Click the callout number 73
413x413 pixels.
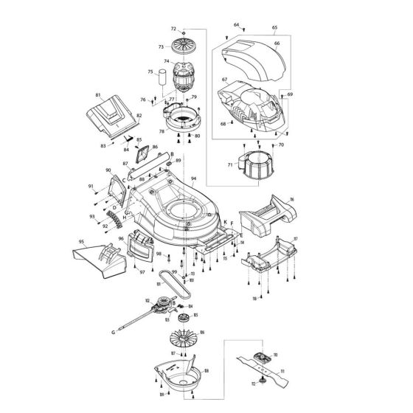(x=162, y=46)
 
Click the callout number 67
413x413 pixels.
(x=223, y=79)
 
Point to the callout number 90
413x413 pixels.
(x=107, y=171)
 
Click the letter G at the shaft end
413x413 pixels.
(x=114, y=333)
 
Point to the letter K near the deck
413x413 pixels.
(x=224, y=221)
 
